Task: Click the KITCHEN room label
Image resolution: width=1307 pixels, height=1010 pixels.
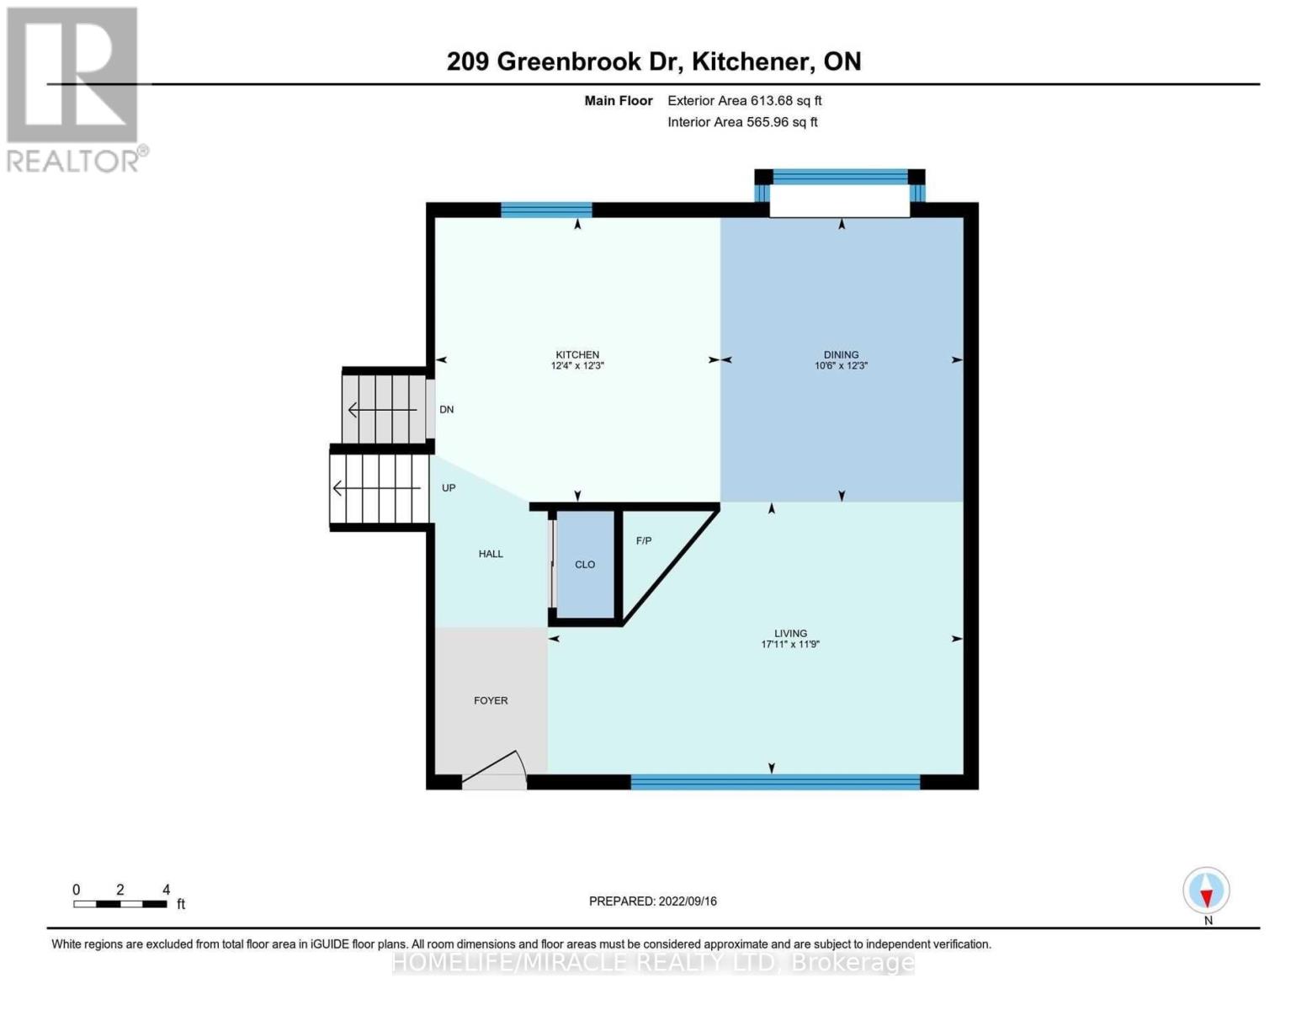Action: tap(577, 354)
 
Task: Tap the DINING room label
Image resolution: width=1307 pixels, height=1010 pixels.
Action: tap(841, 354)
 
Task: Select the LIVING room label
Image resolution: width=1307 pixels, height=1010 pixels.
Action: tap(790, 633)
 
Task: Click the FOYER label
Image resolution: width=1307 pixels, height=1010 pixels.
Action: tap(491, 700)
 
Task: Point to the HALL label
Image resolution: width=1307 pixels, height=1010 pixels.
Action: tap(491, 554)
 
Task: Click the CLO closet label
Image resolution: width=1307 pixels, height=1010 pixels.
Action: tap(585, 565)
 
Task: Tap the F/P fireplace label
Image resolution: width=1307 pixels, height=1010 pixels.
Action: tap(644, 540)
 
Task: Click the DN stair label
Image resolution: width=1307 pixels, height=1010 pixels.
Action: tap(447, 410)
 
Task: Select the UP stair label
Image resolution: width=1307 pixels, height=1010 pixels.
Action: tap(449, 488)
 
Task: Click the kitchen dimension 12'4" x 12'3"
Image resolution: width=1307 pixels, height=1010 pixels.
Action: tap(577, 366)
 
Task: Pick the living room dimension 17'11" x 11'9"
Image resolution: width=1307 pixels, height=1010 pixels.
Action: tap(790, 645)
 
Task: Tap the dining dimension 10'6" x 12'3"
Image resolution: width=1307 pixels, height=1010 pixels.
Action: tap(841, 366)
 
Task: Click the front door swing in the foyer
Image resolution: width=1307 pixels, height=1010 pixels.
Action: tap(497, 768)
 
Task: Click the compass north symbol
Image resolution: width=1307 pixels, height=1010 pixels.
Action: tap(1207, 890)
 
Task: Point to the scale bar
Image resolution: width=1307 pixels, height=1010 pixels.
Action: tap(120, 904)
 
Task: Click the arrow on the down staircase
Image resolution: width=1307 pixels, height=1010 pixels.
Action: tap(383, 410)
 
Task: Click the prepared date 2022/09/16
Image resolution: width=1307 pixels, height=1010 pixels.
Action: tap(688, 901)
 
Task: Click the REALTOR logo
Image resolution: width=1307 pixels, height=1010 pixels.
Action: tap(74, 88)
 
